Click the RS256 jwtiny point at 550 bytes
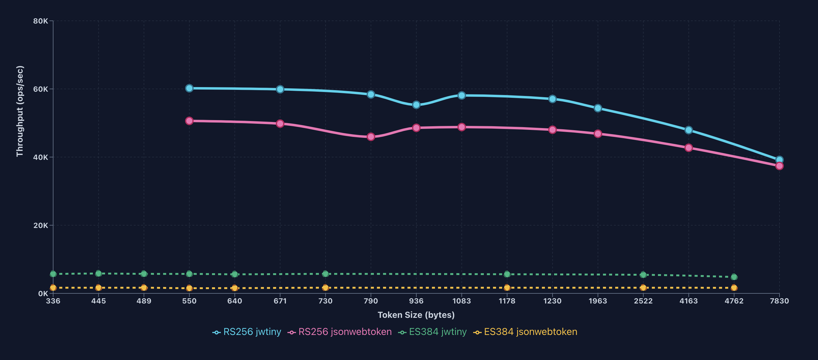[x=189, y=88]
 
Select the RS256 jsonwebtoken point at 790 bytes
[x=371, y=137]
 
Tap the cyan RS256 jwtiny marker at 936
[x=416, y=105]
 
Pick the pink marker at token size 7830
[x=779, y=166]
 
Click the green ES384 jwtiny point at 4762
[x=734, y=277]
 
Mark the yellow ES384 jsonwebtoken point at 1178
[x=507, y=288]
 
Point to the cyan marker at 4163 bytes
[x=688, y=130]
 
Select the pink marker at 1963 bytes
[x=598, y=134]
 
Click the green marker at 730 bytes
[x=325, y=274]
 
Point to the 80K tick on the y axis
[x=41, y=21]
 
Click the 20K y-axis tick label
[x=41, y=226]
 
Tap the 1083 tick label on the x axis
[x=462, y=301]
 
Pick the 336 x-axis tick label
[x=53, y=301]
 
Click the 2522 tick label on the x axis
[x=643, y=301]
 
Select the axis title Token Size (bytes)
[x=416, y=315]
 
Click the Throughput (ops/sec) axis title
[x=20, y=111]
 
